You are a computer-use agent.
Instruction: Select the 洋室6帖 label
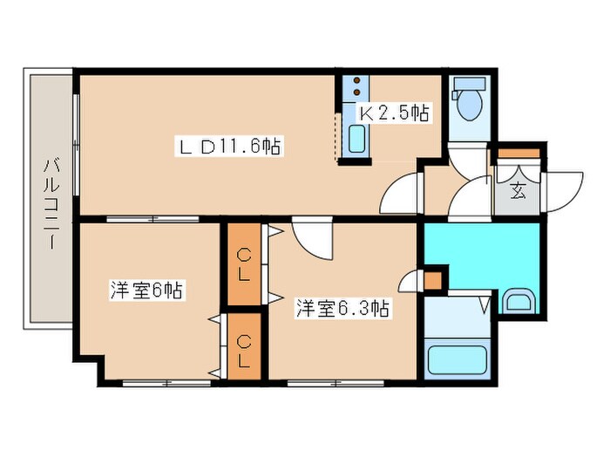(x=146, y=291)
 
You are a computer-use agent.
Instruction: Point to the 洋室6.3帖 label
(x=342, y=308)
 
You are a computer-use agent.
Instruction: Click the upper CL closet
(x=245, y=263)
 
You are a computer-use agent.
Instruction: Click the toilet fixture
(x=468, y=103)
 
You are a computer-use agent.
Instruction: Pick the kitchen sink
(x=355, y=141)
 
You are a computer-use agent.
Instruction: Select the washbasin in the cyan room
(x=519, y=302)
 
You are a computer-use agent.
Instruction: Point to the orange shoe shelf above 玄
(x=518, y=155)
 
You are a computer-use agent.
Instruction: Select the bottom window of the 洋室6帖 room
(x=160, y=381)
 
